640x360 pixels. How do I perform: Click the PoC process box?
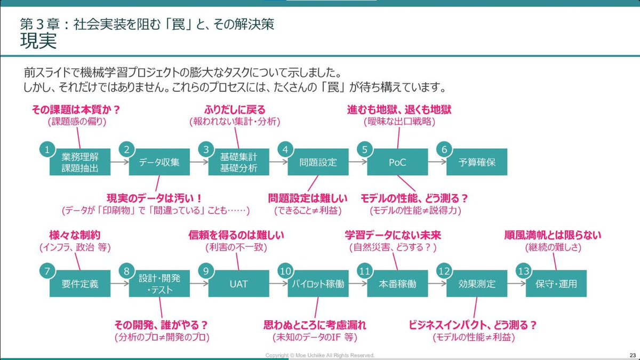(x=397, y=162)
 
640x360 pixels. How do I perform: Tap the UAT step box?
(x=238, y=284)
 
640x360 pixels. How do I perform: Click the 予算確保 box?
(x=477, y=162)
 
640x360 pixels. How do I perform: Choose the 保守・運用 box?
(x=556, y=284)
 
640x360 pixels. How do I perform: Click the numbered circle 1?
(x=47, y=150)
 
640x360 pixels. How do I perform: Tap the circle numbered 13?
(x=524, y=271)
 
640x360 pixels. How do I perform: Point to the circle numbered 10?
(x=285, y=271)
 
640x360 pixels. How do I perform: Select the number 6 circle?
(x=444, y=150)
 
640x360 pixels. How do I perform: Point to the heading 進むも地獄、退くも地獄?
(x=398, y=110)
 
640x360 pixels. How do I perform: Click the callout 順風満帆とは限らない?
(x=553, y=235)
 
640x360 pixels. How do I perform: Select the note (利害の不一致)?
(x=235, y=247)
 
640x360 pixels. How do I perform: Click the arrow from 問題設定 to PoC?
(x=357, y=162)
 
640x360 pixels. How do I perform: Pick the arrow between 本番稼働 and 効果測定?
(x=436, y=284)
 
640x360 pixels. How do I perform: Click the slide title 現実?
(x=38, y=41)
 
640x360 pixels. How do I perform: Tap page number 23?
(x=632, y=355)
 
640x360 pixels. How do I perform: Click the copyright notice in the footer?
(x=320, y=355)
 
